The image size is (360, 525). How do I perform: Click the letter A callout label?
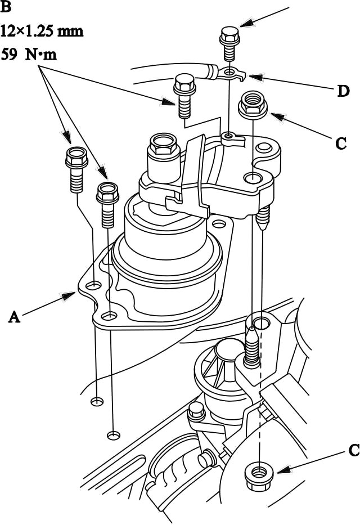tap(15, 317)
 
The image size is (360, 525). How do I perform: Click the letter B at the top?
tap(6, 7)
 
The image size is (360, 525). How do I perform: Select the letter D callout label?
tap(343, 91)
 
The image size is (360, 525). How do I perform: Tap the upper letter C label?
tap(341, 143)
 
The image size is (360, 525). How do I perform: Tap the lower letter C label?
tap(354, 450)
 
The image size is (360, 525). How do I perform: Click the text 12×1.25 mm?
tap(42, 31)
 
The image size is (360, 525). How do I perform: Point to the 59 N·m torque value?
tap(29, 54)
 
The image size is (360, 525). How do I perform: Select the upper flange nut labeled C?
tap(253, 105)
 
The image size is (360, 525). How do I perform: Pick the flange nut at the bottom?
tap(259, 472)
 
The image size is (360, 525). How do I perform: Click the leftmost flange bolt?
tap(76, 169)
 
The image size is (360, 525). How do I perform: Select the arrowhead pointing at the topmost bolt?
tap(247, 22)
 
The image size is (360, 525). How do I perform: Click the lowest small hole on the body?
tap(114, 436)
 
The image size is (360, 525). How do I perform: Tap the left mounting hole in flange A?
tap(94, 286)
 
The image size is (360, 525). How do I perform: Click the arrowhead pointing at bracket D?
tap(255, 77)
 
